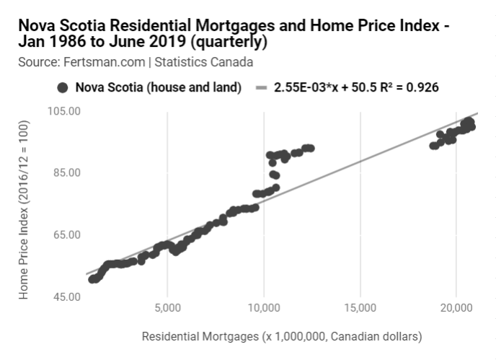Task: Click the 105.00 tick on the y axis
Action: coord(64,111)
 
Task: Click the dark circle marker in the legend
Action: coord(62,88)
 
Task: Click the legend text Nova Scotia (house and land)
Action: coord(159,88)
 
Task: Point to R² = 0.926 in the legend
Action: coord(407,88)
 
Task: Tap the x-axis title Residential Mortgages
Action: coord(281,336)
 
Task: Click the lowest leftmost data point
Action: coord(92,279)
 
